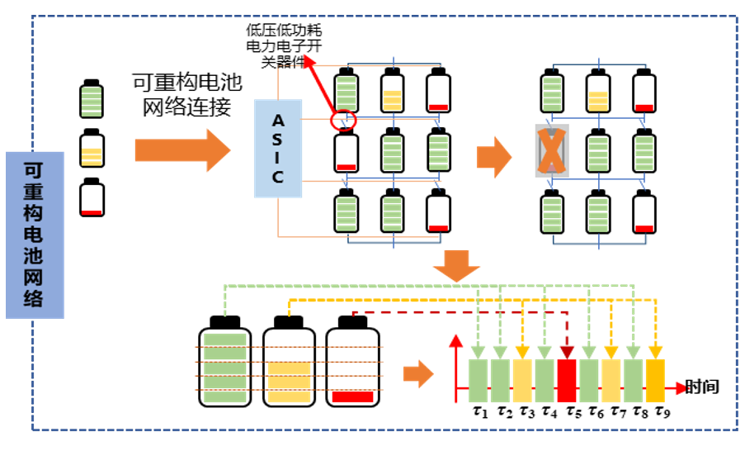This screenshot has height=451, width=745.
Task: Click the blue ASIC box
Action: click(x=278, y=148)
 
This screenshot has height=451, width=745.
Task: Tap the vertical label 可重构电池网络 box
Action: click(x=34, y=235)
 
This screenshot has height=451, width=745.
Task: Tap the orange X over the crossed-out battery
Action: click(x=554, y=152)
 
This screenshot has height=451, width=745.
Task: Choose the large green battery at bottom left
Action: click(x=224, y=363)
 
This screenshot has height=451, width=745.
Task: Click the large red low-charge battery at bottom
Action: click(x=353, y=363)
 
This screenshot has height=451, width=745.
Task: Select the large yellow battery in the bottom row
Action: click(x=289, y=363)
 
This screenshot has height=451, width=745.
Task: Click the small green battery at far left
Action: click(x=92, y=99)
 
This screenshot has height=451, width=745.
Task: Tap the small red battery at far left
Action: click(x=92, y=197)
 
